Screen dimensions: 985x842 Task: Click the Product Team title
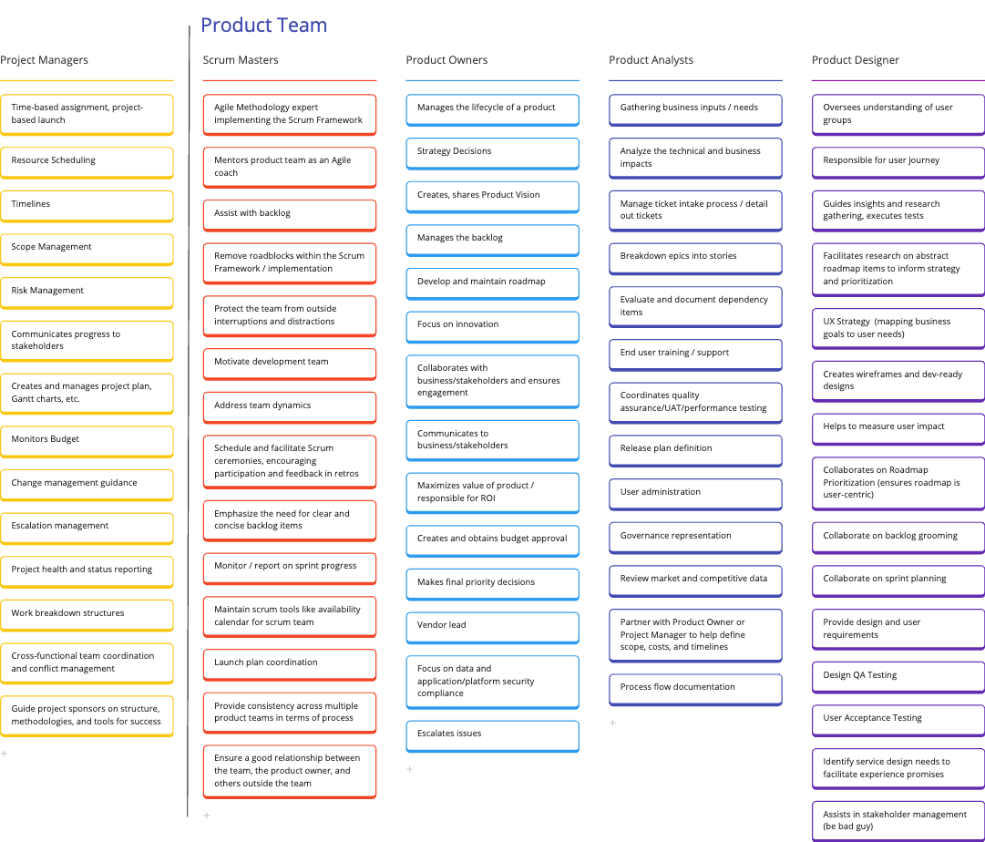coord(263,26)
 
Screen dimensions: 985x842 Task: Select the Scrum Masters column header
coord(241,60)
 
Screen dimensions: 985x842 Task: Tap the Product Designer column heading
coord(856,60)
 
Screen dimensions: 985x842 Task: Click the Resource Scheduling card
coord(87,161)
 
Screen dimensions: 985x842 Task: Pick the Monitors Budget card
coord(87,440)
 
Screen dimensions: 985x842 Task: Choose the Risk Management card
coord(87,292)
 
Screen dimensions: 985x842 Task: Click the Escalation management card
coord(87,527)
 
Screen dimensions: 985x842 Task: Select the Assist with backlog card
coord(289,214)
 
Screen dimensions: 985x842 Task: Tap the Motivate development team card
coord(289,363)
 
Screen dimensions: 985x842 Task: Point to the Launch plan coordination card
coord(289,663)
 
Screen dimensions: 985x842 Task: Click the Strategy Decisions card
coord(492,152)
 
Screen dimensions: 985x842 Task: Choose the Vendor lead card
coord(492,626)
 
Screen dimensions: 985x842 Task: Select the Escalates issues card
coord(492,734)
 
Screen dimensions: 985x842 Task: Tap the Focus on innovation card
coord(492,325)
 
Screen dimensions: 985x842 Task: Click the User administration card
coord(695,493)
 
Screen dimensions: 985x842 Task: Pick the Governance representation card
coord(695,537)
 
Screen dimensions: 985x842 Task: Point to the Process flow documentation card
coord(695,688)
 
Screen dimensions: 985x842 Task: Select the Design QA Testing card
coord(898,676)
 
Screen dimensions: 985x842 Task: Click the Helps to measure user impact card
coord(898,427)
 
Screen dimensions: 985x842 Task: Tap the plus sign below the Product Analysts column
coord(612,723)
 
